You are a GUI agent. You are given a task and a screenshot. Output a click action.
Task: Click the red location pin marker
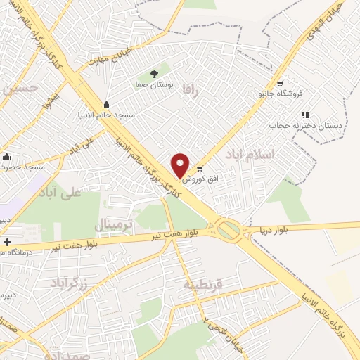(x=181, y=165)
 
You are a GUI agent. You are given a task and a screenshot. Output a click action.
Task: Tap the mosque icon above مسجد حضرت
(x=7, y=156)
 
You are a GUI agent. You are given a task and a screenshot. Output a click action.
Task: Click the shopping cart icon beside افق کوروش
(x=200, y=168)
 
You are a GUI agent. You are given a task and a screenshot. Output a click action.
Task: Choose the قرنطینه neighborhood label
(x=203, y=285)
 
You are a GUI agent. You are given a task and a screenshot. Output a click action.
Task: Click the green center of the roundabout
(x=228, y=229)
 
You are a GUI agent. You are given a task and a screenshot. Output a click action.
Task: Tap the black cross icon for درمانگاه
(x=7, y=243)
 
